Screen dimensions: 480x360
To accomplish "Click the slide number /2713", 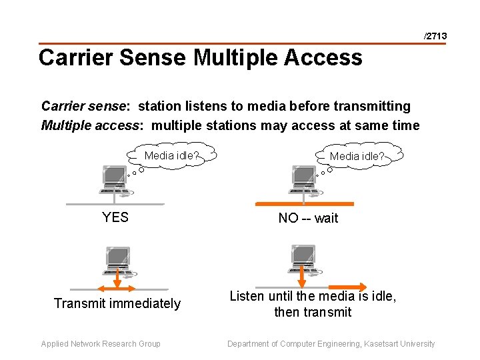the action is coord(435,35).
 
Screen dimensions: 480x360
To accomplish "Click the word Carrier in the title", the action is coord(75,57).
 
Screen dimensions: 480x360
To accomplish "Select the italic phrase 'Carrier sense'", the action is coord(83,106).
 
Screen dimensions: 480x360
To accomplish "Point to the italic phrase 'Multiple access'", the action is coord(90,125).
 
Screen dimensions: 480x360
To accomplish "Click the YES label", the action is coord(115,217).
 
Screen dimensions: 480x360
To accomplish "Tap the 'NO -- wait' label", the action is coord(308,218).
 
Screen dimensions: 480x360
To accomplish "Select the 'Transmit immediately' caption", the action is coord(117,303).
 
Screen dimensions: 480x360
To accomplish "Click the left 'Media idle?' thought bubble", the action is coord(171,156).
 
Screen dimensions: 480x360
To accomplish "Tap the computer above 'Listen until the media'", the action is coord(303,259).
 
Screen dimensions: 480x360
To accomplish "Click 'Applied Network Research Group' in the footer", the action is coord(101,344).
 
